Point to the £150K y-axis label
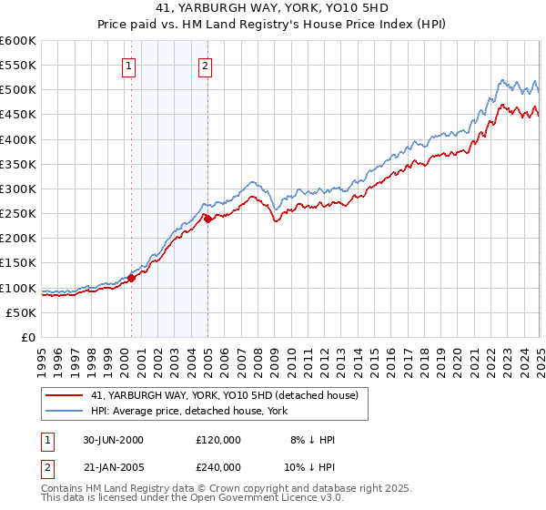coord(18,262)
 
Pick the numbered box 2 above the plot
coord(206,66)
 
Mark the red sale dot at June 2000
coord(132,278)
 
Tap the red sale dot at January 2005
coord(207,219)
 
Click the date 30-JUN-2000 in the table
coord(112,440)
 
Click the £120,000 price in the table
coord(218,440)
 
